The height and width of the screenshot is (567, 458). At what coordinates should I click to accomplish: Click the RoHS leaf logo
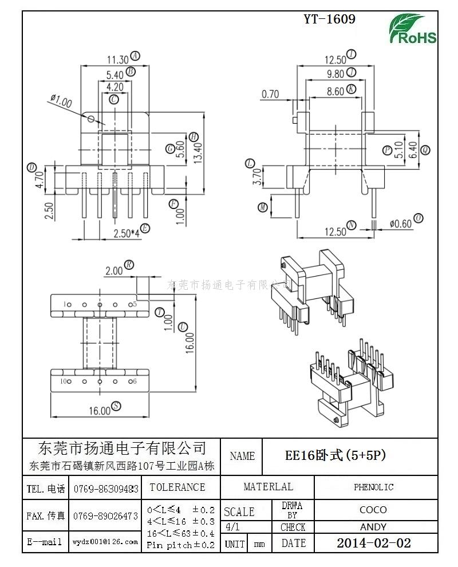point(412,29)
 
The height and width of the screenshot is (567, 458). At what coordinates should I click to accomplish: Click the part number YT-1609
point(329,19)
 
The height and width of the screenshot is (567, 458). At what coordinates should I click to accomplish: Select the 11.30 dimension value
point(118,59)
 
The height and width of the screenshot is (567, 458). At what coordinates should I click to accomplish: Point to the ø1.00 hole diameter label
point(61,102)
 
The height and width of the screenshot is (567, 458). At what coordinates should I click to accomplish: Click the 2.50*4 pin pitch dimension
point(126,233)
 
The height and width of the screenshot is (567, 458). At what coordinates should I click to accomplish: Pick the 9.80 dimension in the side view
point(335,73)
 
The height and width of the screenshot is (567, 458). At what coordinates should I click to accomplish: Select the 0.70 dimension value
point(270,94)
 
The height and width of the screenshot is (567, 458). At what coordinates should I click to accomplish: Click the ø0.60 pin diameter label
point(401,224)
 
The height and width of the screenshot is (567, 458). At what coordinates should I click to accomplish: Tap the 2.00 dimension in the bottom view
point(114,270)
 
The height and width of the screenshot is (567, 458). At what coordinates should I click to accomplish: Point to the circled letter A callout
point(135,56)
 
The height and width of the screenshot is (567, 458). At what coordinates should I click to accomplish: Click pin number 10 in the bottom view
point(65,381)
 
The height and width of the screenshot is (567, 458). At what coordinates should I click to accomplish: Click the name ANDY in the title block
point(373,527)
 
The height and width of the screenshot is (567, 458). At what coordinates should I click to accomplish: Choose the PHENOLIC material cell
point(373,487)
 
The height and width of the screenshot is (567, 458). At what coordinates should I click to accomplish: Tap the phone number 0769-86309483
point(106,489)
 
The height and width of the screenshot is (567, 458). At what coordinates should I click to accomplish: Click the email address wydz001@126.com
point(105,542)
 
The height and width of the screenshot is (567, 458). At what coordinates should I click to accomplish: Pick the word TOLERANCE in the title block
point(177,487)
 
